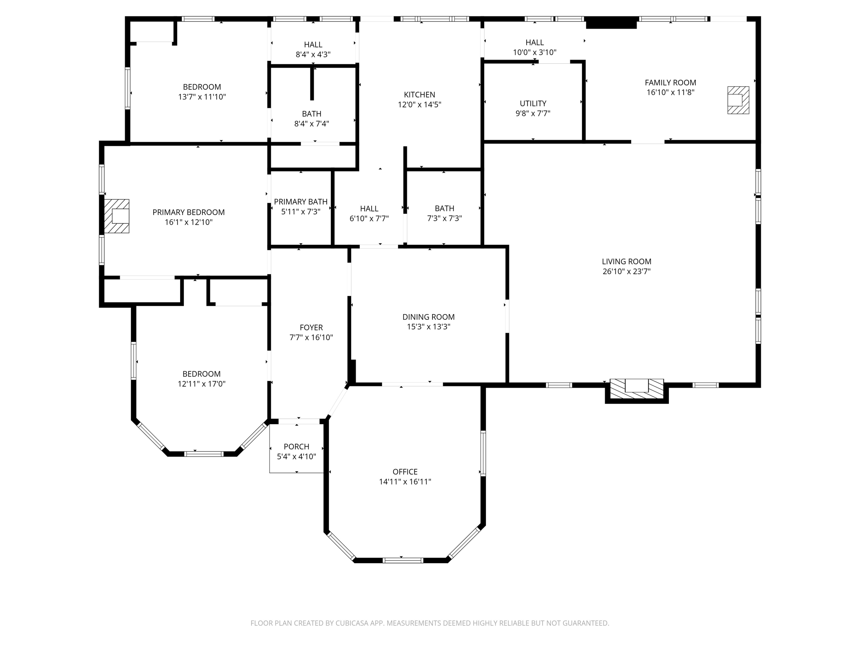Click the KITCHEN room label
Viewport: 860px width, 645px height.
tap(419, 95)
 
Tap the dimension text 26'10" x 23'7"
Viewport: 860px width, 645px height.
tap(627, 271)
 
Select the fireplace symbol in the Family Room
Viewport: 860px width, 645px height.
tap(738, 100)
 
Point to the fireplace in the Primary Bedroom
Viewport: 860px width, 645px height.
tap(117, 216)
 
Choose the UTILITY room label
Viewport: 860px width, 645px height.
tap(533, 103)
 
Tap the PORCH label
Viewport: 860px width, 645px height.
tap(296, 446)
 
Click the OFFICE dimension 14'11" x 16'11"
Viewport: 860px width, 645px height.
tap(405, 482)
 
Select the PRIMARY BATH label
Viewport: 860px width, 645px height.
tap(301, 202)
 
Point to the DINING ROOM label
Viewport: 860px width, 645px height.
tap(428, 317)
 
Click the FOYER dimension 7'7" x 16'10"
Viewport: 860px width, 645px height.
tap(311, 337)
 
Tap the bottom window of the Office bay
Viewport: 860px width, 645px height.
tap(403, 560)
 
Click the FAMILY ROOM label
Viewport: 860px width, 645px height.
tap(670, 83)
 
